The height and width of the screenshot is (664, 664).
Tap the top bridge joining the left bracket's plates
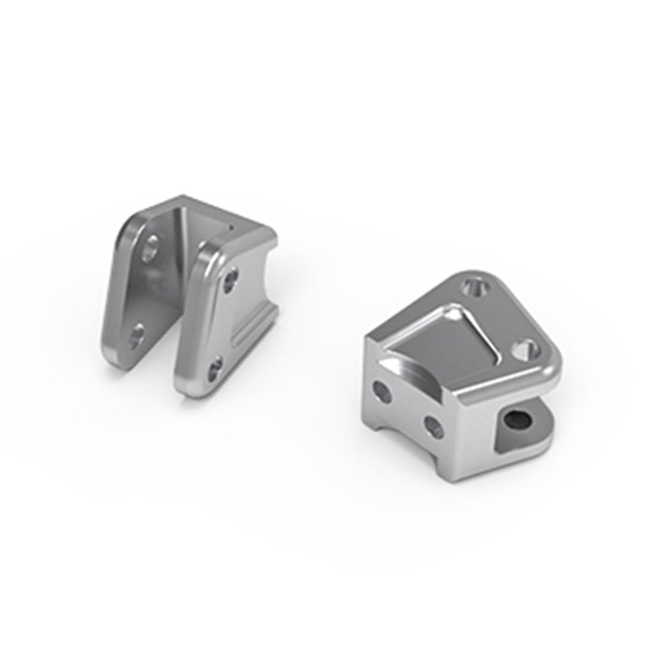coord(201,217)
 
